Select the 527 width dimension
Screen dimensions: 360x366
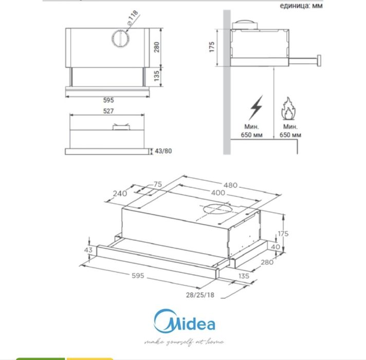tap(108, 111)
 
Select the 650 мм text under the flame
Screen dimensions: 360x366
tap(290, 135)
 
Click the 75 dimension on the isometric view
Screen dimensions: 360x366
tap(157, 184)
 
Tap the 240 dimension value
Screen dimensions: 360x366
tap(120, 194)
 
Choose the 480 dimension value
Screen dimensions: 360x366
tap(230, 185)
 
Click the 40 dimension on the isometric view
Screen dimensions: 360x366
tap(277, 246)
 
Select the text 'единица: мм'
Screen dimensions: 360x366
tap(301, 6)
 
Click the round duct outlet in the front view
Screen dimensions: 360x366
tap(120, 39)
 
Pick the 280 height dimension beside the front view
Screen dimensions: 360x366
tap(157, 47)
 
